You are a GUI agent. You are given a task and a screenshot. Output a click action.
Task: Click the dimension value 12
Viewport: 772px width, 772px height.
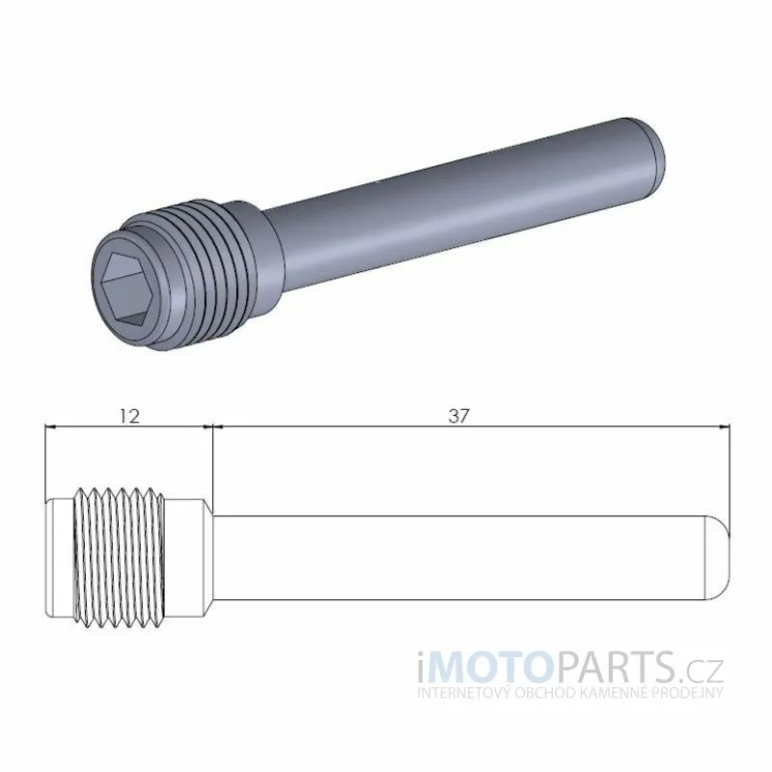point(129,417)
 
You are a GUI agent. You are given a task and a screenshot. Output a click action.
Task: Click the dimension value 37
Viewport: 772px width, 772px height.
point(459,417)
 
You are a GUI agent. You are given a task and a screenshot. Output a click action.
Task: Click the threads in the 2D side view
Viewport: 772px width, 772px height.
point(119,558)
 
